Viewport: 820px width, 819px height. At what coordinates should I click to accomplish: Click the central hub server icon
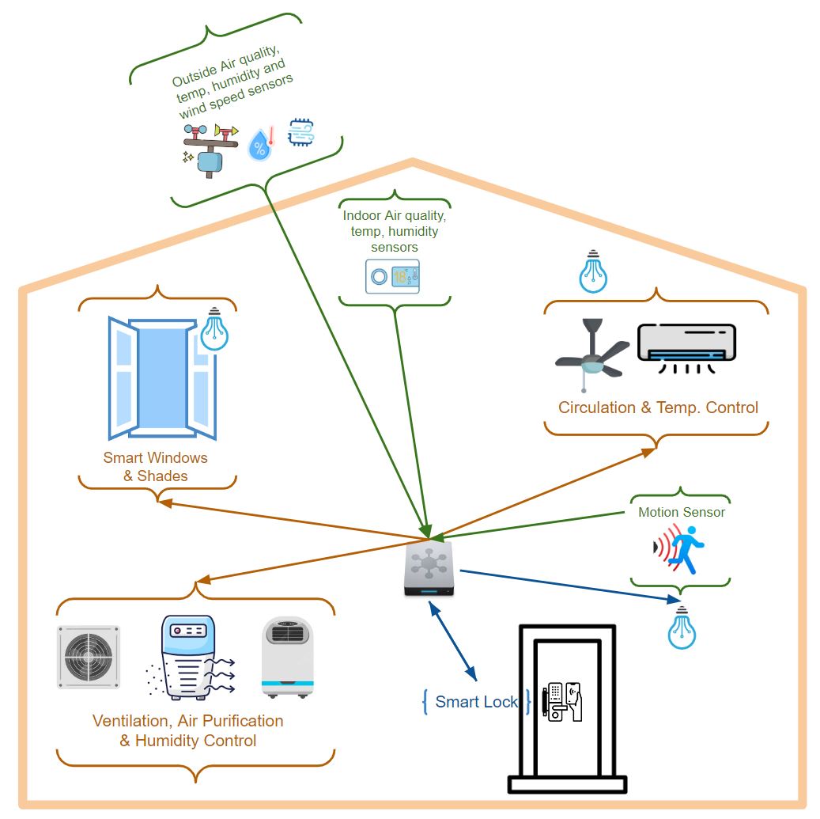[x=427, y=568]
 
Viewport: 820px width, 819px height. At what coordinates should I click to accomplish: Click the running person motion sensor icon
[x=680, y=548]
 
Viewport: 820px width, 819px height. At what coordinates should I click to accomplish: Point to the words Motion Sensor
[x=681, y=512]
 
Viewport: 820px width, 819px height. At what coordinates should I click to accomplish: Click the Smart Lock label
[x=476, y=702]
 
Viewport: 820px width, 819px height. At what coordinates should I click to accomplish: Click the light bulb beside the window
[x=214, y=331]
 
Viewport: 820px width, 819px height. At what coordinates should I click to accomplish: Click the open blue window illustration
[x=161, y=378]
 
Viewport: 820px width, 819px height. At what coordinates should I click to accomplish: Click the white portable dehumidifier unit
[x=287, y=657]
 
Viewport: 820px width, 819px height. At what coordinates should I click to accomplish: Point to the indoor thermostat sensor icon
[x=392, y=277]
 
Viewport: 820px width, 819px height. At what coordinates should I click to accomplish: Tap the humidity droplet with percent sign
[x=259, y=146]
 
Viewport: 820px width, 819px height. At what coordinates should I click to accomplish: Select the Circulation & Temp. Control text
[x=658, y=408]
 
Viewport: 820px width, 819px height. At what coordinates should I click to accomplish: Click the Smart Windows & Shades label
[x=156, y=467]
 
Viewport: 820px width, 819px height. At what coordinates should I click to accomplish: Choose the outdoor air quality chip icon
[x=300, y=132]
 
